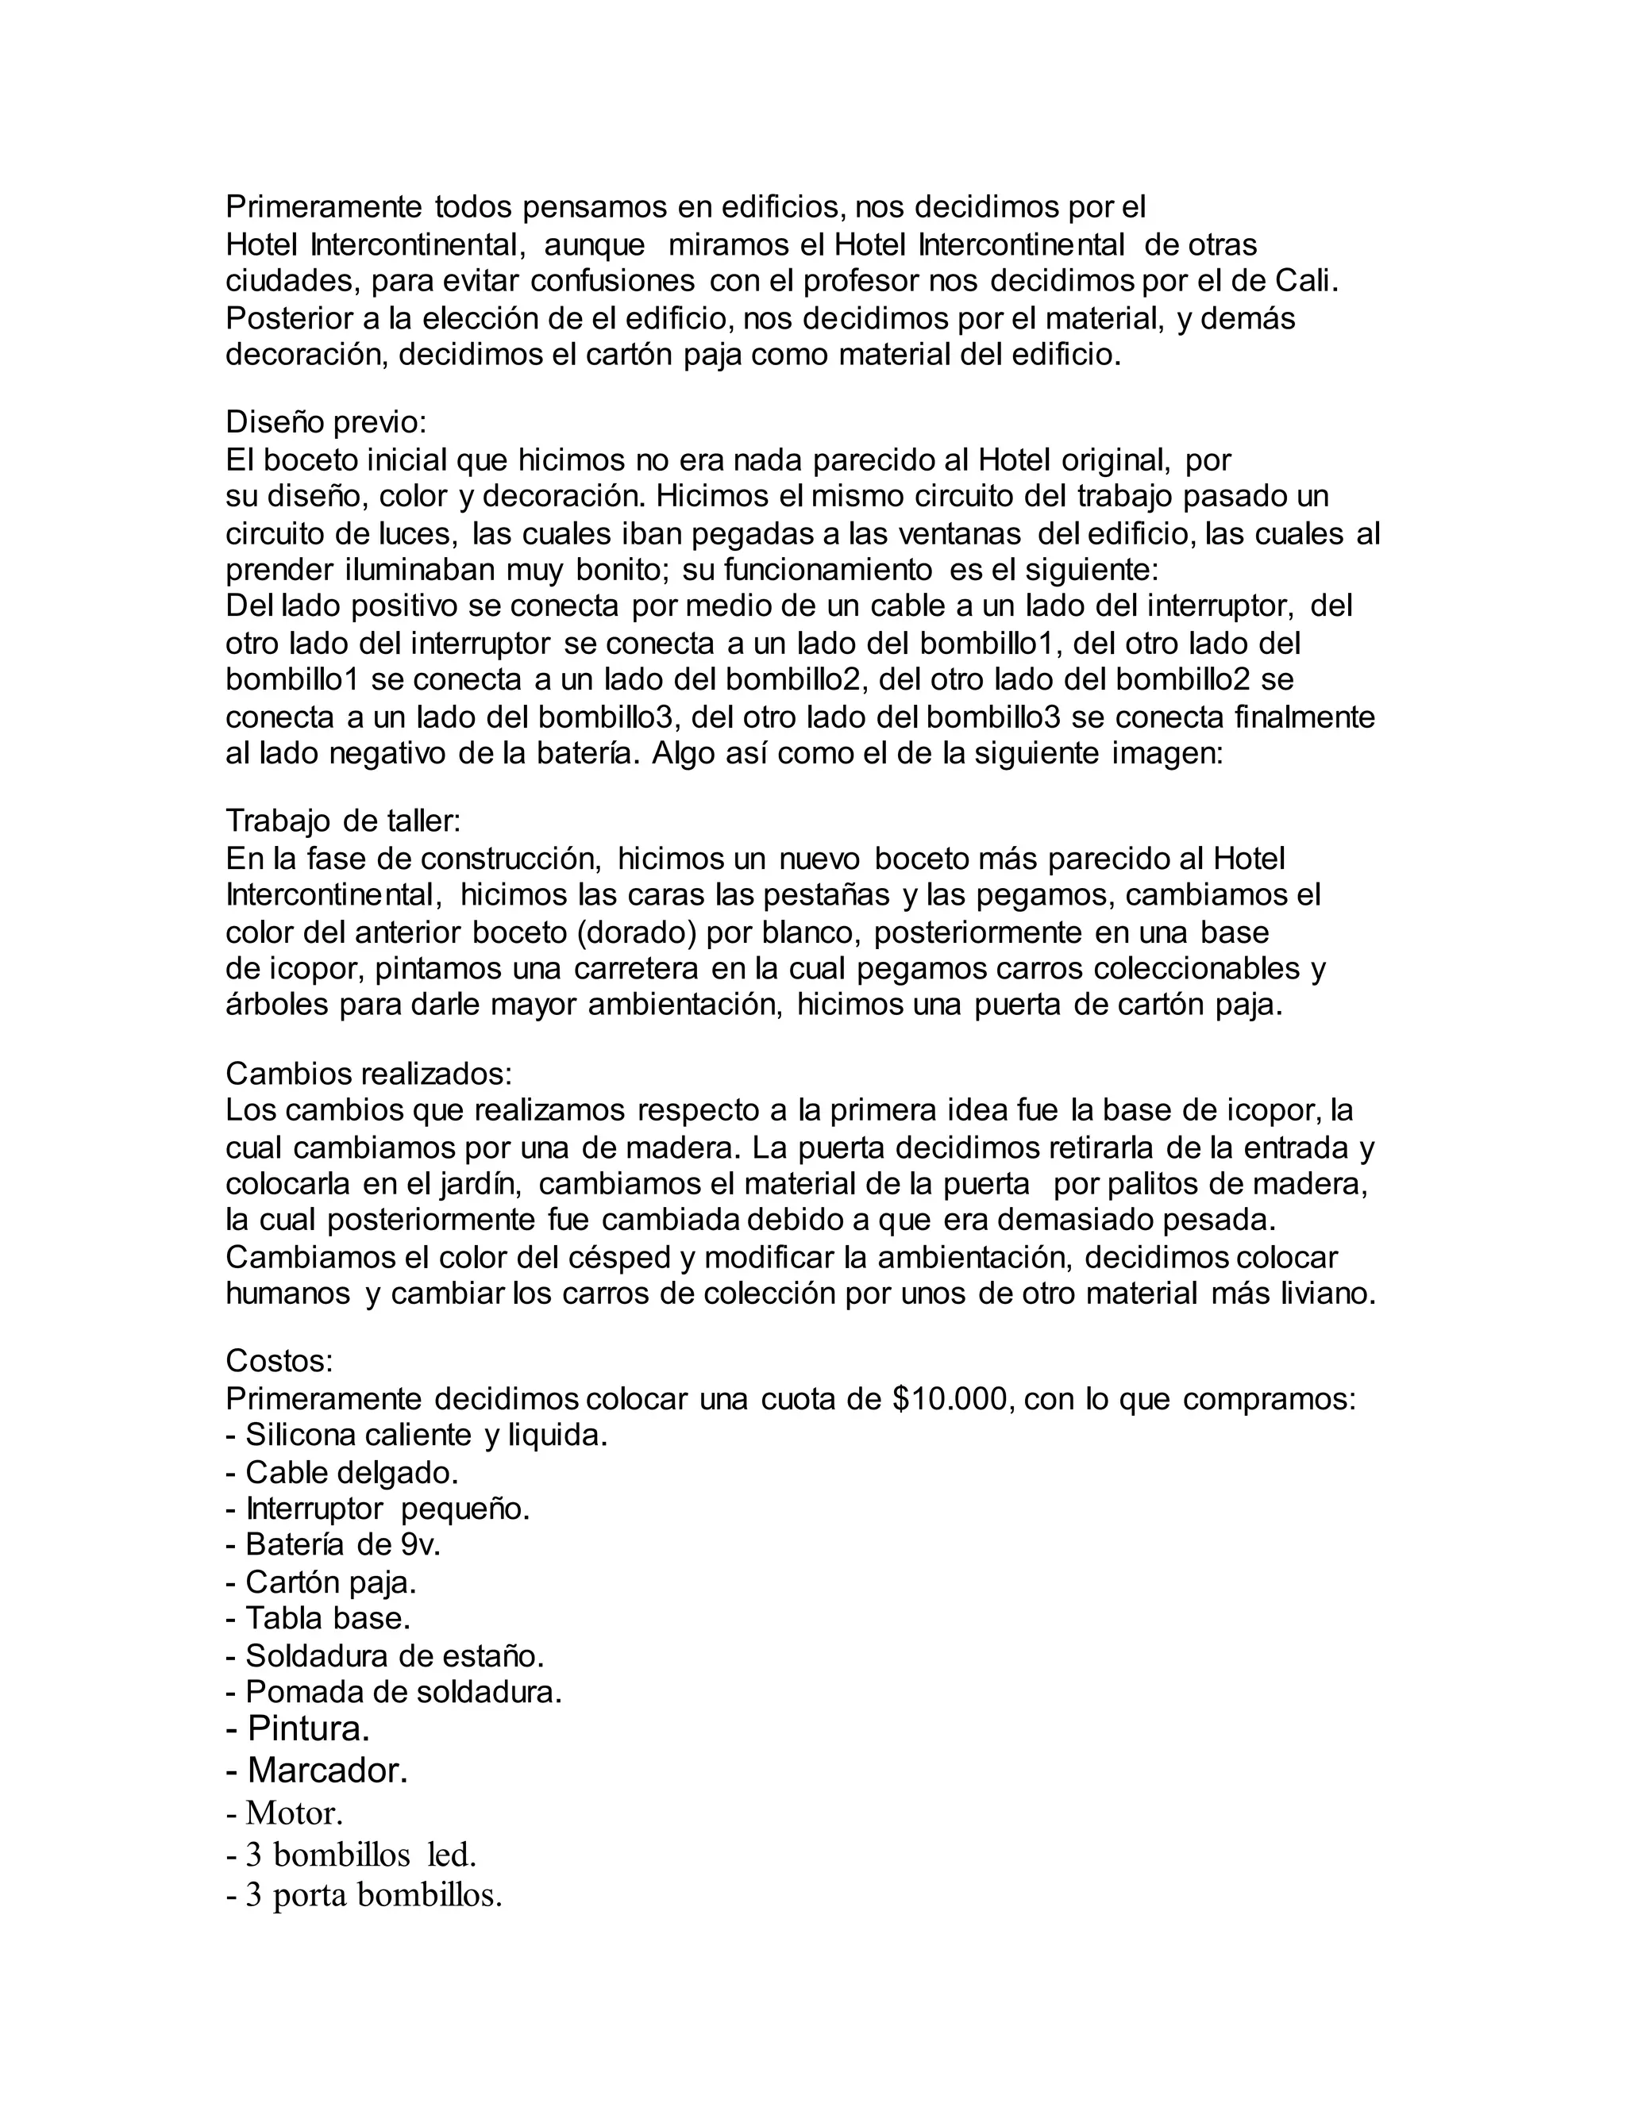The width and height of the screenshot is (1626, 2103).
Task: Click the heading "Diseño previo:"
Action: click(326, 421)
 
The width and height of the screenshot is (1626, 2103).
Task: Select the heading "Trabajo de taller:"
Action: click(343, 821)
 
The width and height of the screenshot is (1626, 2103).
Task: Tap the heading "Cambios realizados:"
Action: click(369, 1073)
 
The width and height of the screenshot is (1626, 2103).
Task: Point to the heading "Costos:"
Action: click(279, 1360)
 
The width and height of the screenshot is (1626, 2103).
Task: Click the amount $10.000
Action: click(954, 1398)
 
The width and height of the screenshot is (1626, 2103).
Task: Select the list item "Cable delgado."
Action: click(342, 1472)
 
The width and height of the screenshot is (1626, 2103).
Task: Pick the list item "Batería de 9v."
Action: click(333, 1544)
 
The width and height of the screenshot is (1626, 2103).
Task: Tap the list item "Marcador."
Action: click(317, 1770)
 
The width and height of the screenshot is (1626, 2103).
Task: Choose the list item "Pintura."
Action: click(299, 1728)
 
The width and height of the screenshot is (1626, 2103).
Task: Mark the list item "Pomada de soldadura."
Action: click(394, 1692)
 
